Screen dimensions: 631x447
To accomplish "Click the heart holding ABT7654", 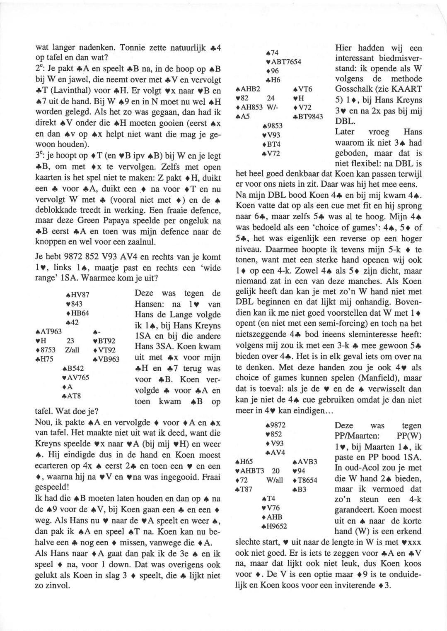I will pos(285,62).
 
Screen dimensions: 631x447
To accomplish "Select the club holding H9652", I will pos(276,527).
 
